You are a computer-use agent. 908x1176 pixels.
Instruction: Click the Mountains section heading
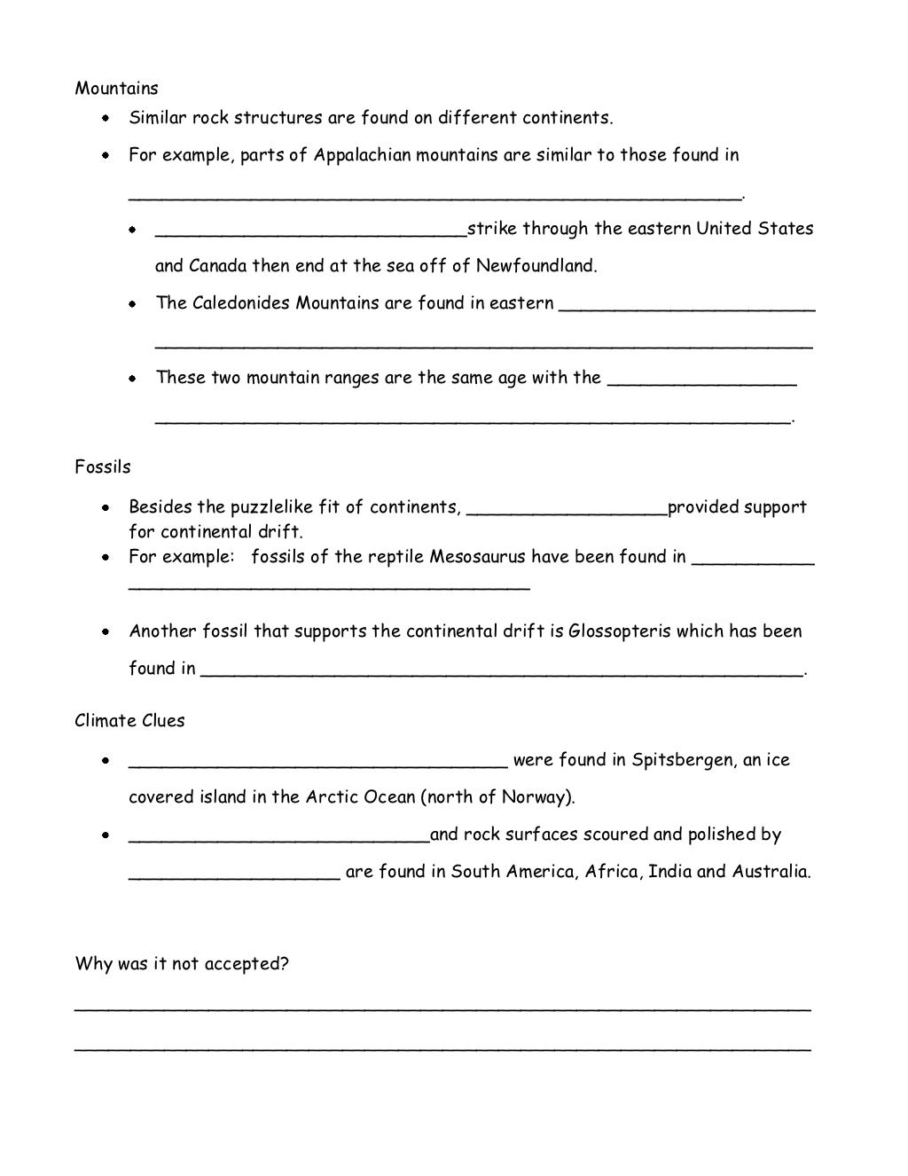(116, 88)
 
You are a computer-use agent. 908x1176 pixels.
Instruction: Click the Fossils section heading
(103, 466)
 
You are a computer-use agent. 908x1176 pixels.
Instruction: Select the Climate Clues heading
(129, 720)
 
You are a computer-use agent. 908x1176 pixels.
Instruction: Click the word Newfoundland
(536, 265)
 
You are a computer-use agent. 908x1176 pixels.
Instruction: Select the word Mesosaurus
(478, 557)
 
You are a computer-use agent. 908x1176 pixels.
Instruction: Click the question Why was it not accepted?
(182, 963)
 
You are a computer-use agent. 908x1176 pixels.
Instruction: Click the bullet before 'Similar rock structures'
(106, 118)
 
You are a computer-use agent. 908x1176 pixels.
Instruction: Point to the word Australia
(770, 871)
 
